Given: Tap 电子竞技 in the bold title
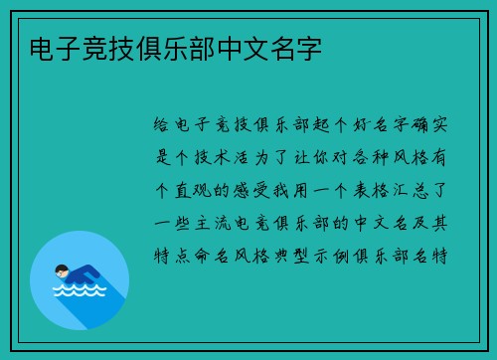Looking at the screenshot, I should [73, 47].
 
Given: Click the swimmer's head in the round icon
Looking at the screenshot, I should [63, 270].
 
